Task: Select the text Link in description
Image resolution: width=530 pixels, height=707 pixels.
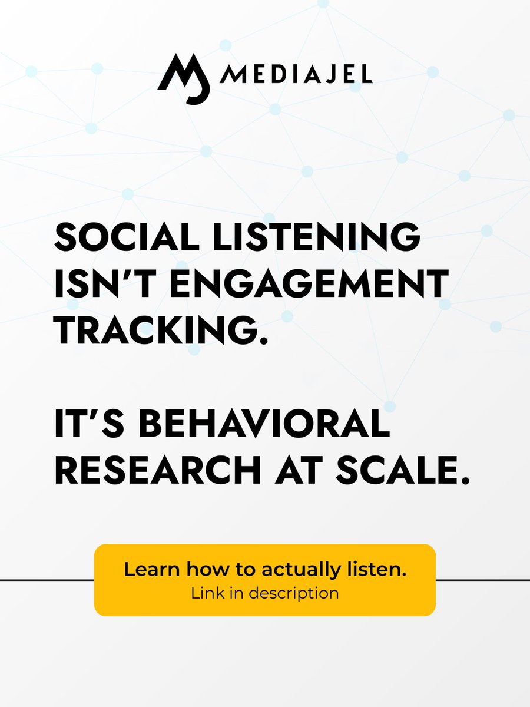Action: [264, 593]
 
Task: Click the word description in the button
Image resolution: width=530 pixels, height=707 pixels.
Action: [293, 593]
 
